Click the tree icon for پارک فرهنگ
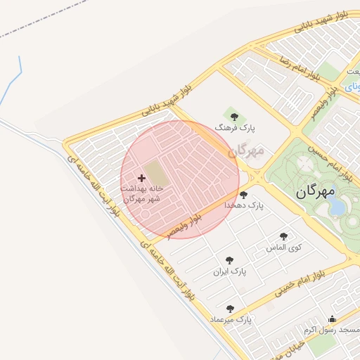234,117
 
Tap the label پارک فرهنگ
240,129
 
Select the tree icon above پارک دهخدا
243,195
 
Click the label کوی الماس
284,247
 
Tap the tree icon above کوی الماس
283,236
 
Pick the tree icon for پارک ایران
229,260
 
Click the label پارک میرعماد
230,320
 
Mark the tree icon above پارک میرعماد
229,309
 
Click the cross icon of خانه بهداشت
141,178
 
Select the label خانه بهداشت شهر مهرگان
142,193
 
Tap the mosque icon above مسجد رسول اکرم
332,319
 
